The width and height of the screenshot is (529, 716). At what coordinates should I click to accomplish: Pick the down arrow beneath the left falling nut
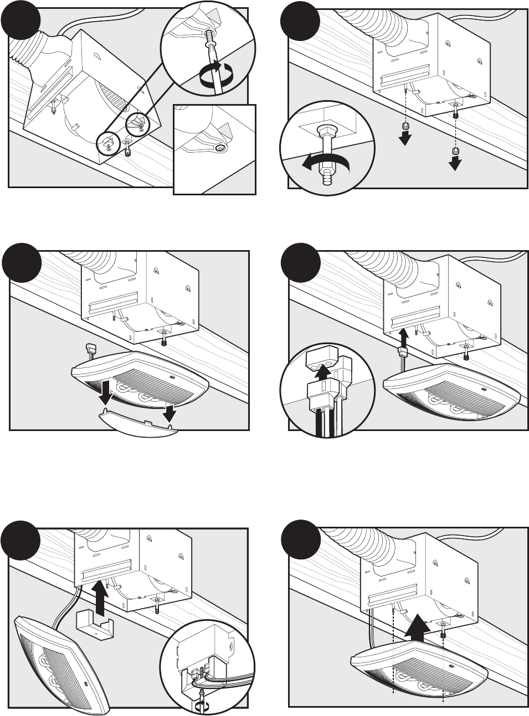tap(406, 139)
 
